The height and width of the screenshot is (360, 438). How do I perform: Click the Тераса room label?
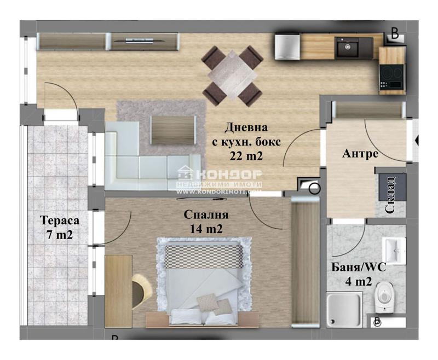pos(60,220)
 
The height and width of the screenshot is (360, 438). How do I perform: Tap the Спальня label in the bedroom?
pos(206,215)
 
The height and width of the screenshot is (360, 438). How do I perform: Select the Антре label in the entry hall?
pos(360,154)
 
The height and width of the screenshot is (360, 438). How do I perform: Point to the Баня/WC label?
pos(359,268)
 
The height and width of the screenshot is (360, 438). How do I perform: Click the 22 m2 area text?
pos(246,156)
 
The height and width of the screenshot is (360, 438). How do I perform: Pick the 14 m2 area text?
pos(206,229)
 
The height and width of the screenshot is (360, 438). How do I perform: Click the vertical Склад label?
pos(389,195)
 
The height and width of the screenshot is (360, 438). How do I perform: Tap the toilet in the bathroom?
pos(384,297)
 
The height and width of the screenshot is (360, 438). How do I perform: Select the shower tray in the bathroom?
pos(344,310)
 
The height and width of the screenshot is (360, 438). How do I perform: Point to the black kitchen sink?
pos(347,47)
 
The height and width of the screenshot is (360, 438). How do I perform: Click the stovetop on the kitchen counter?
pos(391,77)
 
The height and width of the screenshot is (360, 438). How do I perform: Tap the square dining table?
pos(232,76)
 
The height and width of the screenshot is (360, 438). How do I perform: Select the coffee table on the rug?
pos(172,130)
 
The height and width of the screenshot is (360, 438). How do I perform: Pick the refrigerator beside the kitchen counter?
pos(287,47)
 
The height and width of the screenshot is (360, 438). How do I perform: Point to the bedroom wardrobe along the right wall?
pos(305,262)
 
